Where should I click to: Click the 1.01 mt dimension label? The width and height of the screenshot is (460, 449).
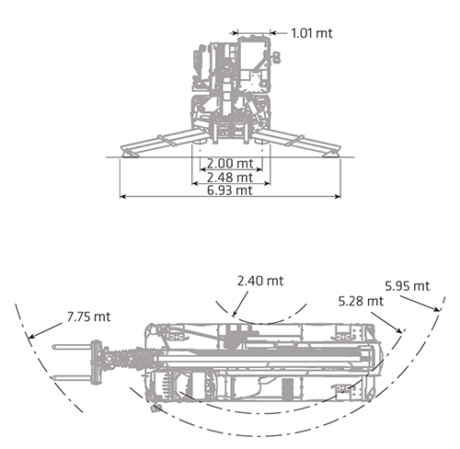point(312,33)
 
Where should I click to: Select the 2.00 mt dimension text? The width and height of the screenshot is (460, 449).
point(230,163)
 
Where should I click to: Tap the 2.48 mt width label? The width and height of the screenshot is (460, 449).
point(230,177)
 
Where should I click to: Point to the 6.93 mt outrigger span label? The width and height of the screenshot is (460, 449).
point(230,190)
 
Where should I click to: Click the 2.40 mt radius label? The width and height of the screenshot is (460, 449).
point(260,281)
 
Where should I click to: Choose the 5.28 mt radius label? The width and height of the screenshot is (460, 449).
point(361,301)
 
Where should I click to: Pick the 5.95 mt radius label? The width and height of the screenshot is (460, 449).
point(408,286)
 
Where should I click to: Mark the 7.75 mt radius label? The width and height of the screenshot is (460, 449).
point(88,317)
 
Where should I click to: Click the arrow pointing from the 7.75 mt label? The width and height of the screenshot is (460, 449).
point(45,330)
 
